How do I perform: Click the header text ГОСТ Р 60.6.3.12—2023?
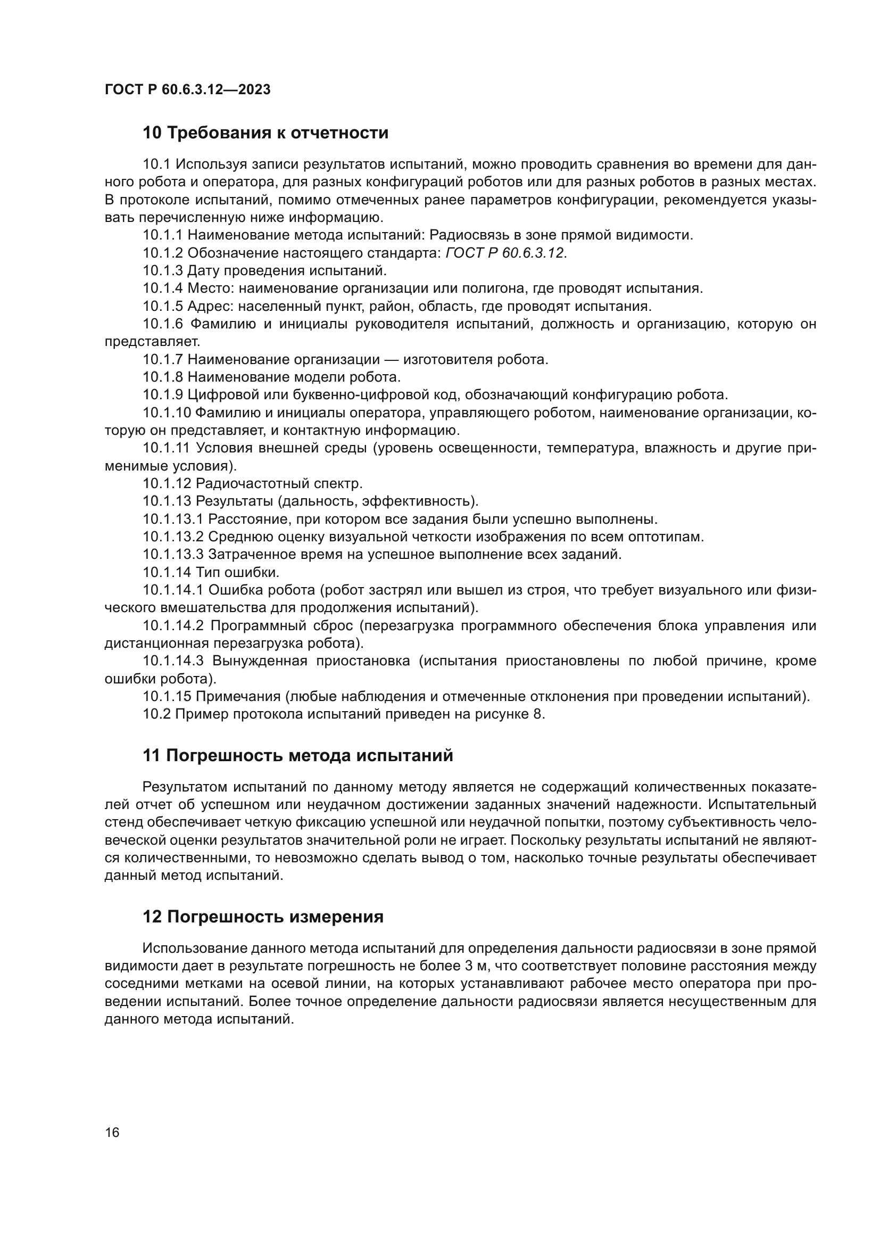[x=187, y=90]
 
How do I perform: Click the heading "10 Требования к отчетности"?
[x=265, y=133]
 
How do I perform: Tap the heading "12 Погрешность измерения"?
[x=263, y=917]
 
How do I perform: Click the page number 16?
[x=112, y=1132]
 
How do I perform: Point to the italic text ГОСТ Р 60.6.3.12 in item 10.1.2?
[x=505, y=253]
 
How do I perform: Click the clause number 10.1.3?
[x=163, y=270]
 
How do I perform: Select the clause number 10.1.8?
[x=163, y=377]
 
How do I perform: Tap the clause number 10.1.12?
[x=167, y=483]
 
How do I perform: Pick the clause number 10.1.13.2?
[x=173, y=537]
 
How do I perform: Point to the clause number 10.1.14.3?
[x=173, y=661]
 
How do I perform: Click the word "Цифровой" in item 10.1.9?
[x=219, y=395]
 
